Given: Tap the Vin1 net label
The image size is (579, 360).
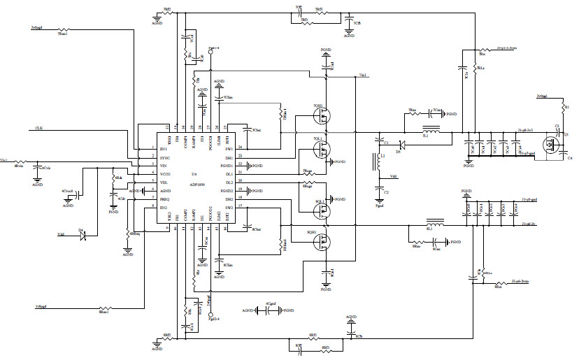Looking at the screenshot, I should point(364,75).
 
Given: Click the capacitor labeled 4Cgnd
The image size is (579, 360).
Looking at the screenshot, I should point(269,310).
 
